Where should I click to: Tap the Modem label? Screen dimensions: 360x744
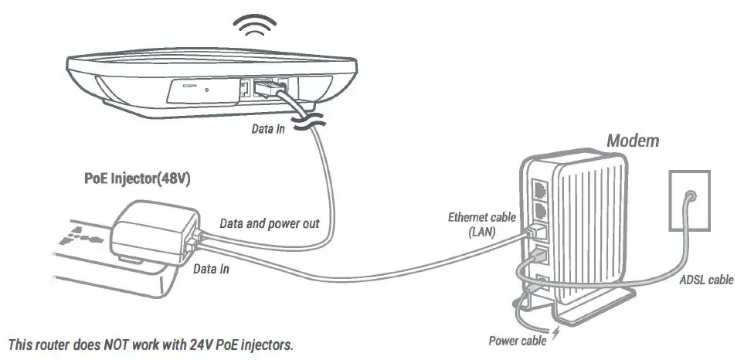coord(632,141)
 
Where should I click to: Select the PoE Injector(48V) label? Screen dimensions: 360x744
coord(138,178)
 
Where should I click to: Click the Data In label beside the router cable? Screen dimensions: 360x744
coord(268,129)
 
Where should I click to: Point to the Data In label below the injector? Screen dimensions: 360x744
coord(210,270)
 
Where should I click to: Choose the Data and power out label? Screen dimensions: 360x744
coord(270,223)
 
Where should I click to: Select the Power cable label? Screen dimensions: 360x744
coord(516,340)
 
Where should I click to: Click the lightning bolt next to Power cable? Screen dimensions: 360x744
coord(553,337)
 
